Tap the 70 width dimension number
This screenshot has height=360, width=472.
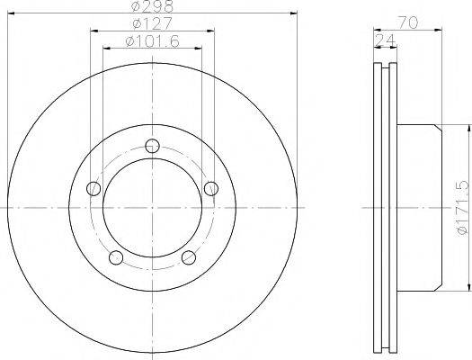point(410,23)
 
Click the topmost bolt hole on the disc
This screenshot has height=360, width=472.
point(151,144)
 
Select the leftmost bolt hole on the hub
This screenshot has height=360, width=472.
point(92,188)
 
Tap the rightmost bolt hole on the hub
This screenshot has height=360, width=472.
point(210,188)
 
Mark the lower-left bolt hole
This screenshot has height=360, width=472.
point(115,258)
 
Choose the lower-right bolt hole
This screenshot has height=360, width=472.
point(188,258)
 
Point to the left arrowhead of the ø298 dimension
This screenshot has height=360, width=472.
point(10,13)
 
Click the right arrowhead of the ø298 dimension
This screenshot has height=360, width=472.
point(294,13)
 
